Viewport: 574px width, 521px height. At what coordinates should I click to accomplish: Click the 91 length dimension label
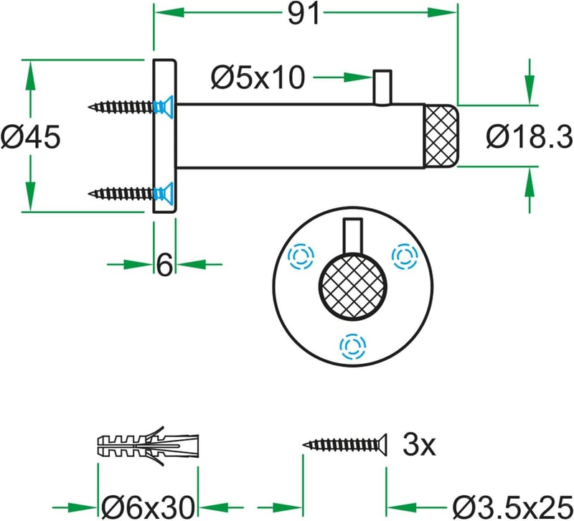tap(304, 14)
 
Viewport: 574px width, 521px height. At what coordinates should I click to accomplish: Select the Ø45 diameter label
tap(30, 137)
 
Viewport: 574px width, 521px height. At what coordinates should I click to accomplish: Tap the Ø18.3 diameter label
tap(530, 137)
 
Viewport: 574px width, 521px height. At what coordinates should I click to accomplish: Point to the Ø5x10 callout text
tap(258, 78)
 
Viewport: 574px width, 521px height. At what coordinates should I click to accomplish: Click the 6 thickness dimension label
tap(164, 264)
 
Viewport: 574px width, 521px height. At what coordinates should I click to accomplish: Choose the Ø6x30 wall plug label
tap(148, 507)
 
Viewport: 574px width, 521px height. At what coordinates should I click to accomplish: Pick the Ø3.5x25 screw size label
tap(512, 507)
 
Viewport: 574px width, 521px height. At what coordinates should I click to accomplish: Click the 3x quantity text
tap(419, 444)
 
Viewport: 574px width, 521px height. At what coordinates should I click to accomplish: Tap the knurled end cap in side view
tap(441, 136)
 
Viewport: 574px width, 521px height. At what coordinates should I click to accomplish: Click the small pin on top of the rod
tap(382, 88)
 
